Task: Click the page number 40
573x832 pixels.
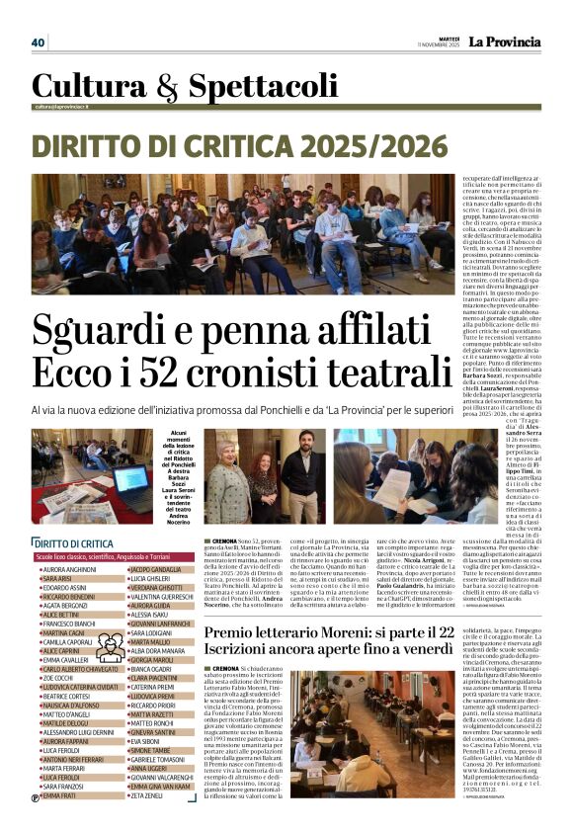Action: point(39,42)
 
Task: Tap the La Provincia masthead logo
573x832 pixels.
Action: point(504,42)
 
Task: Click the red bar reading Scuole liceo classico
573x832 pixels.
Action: point(115,558)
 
